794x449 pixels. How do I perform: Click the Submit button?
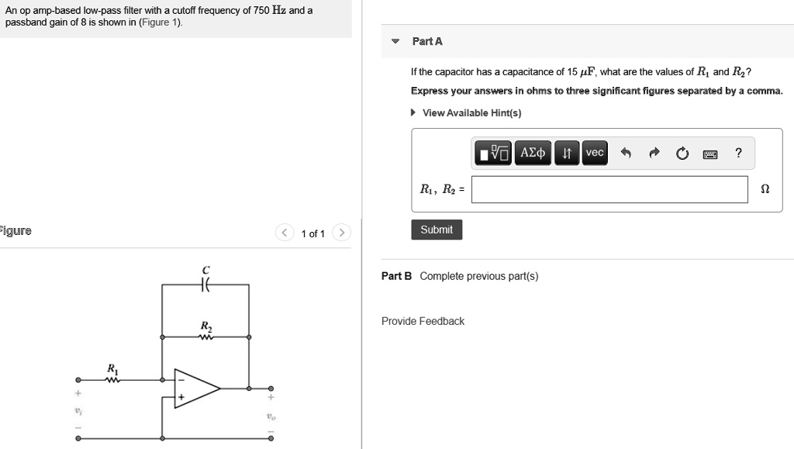[x=437, y=230]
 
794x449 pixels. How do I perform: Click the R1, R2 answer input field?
[x=609, y=189]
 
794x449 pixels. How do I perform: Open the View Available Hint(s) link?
[x=471, y=113]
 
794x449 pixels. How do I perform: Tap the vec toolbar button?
[x=595, y=153]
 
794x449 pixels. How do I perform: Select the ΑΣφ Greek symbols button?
[x=533, y=153]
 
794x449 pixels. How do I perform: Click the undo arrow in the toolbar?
[x=627, y=154]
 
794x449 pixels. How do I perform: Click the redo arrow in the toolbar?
[x=654, y=154]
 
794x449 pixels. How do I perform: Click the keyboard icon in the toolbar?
[x=709, y=154]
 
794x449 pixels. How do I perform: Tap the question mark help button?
[x=739, y=153]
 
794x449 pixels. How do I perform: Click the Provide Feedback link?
[x=423, y=321]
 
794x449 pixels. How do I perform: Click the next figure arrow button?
[x=342, y=233]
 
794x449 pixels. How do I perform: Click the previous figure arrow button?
[x=285, y=233]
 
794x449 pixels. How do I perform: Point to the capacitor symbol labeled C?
[x=205, y=285]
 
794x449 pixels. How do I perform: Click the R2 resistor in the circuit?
[x=205, y=337]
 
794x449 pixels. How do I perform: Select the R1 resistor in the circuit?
[x=113, y=380]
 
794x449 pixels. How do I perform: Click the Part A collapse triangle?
[x=395, y=41]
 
